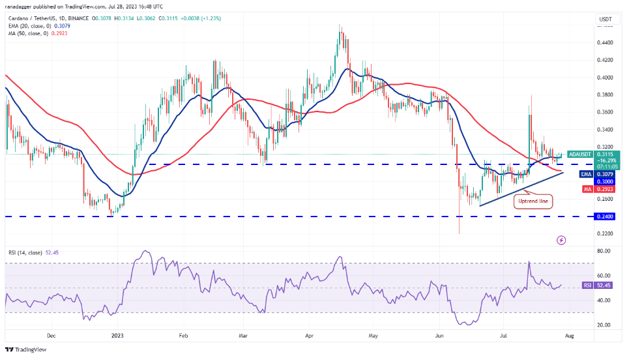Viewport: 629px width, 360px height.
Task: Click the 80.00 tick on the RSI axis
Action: click(x=604, y=250)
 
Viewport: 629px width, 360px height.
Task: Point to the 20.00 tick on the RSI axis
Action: click(x=604, y=325)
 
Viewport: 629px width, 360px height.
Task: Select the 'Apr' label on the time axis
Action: click(x=309, y=337)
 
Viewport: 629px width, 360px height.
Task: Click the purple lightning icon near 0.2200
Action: click(x=561, y=241)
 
